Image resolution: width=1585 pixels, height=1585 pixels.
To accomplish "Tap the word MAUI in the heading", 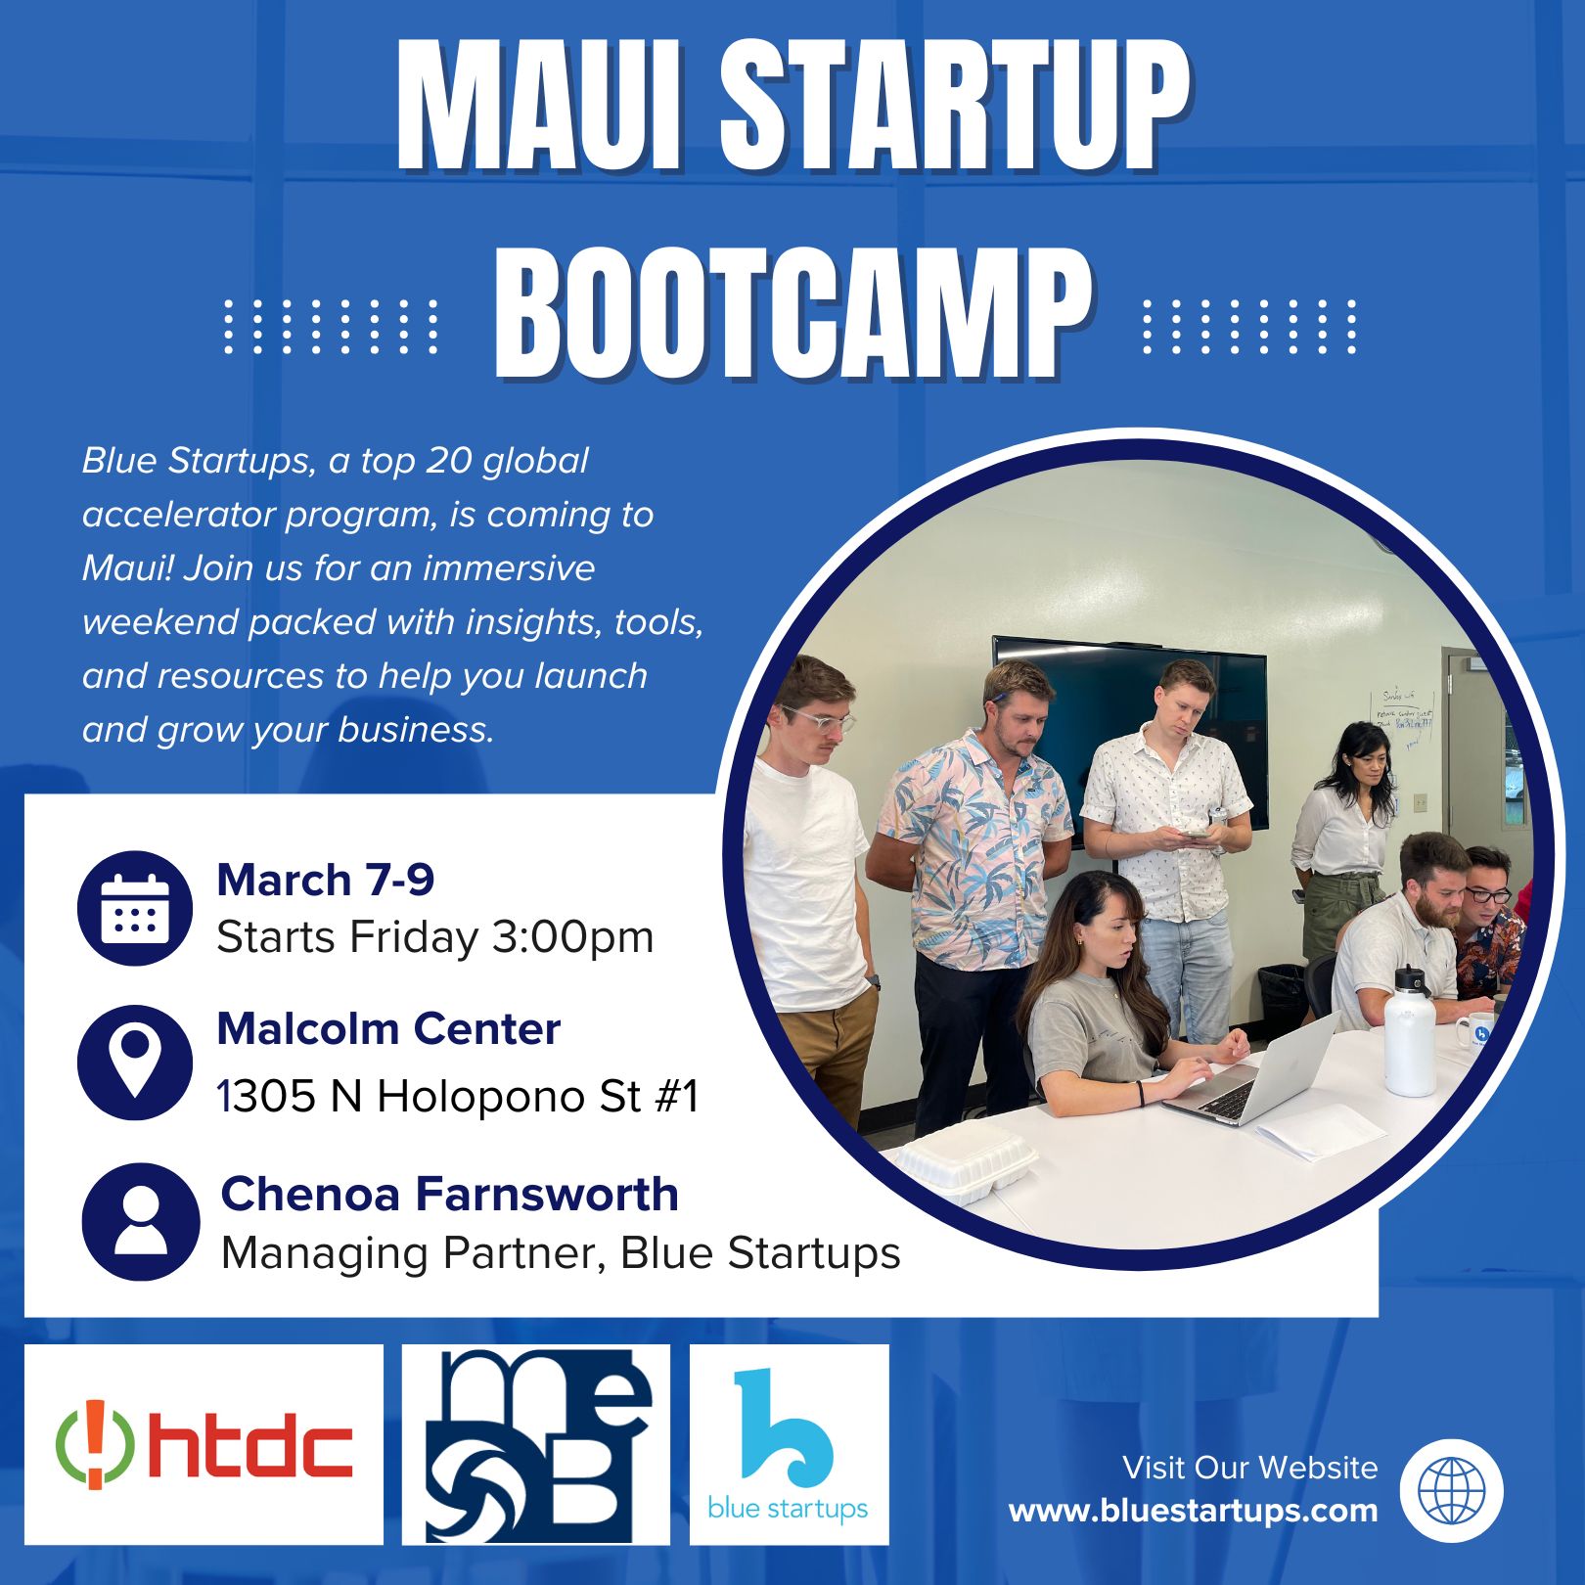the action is [x=539, y=107].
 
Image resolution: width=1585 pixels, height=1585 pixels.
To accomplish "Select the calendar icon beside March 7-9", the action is [x=135, y=908].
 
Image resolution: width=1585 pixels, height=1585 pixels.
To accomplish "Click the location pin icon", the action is [x=135, y=1063].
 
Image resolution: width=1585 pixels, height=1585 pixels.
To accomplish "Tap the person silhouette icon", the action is [x=141, y=1221].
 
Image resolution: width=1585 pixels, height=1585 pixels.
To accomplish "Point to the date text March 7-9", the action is [x=325, y=880].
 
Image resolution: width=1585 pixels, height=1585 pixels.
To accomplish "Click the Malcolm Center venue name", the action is [x=388, y=1028].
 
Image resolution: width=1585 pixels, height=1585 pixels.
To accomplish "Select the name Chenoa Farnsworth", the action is [x=449, y=1194].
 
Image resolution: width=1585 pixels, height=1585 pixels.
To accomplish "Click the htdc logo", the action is [x=204, y=1444].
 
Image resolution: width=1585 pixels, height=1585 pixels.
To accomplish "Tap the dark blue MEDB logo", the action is [x=535, y=1444].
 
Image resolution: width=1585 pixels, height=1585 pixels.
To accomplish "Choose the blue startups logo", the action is [x=789, y=1444].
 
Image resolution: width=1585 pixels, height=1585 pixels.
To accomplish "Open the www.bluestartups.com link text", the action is [x=1193, y=1510].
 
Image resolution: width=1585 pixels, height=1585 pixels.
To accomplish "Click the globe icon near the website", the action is [x=1452, y=1491].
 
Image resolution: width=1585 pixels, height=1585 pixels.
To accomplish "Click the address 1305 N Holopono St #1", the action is [x=458, y=1097].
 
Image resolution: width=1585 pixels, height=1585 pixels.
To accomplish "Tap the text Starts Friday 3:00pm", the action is [x=434, y=937].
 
